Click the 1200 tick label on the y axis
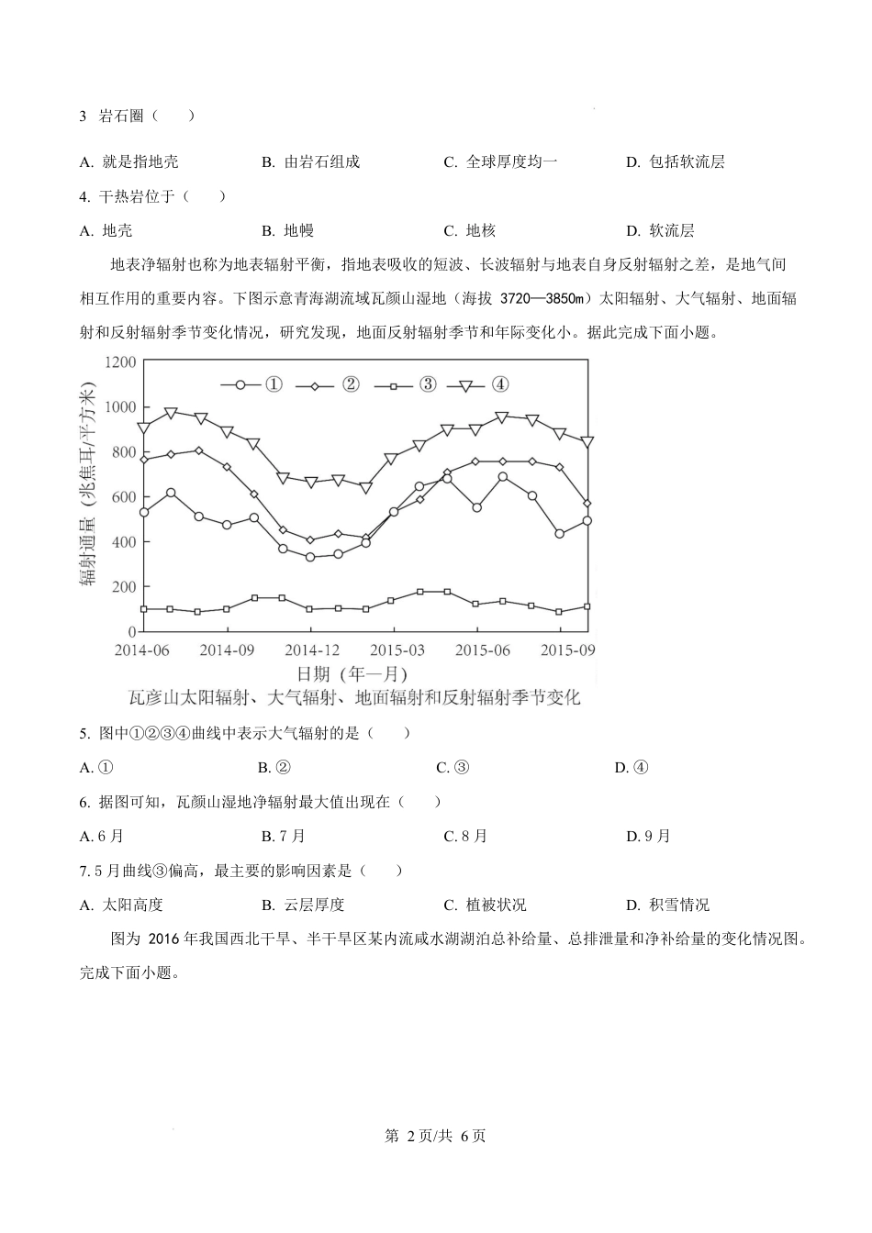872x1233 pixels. (119, 361)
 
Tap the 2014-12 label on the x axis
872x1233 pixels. (310, 650)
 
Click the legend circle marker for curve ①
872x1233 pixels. (240, 385)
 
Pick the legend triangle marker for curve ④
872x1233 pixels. (465, 385)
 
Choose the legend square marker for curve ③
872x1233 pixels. (393, 385)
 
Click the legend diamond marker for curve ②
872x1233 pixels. (315, 385)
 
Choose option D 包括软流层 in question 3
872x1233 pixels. (676, 161)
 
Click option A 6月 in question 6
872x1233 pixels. (102, 836)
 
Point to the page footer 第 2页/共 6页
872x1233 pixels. (435, 1136)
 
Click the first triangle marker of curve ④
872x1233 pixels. (143, 428)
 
